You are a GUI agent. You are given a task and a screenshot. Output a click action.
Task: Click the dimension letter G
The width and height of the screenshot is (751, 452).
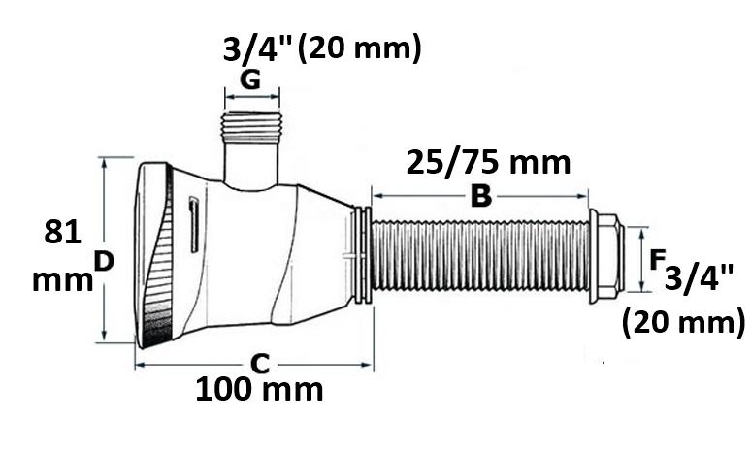tap(250, 80)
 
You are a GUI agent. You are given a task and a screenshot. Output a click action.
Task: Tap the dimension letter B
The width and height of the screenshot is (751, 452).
tap(481, 196)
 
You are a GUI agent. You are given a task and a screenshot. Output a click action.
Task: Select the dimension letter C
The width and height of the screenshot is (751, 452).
tap(261, 364)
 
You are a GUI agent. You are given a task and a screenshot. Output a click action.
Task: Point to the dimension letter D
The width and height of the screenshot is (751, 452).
tap(104, 262)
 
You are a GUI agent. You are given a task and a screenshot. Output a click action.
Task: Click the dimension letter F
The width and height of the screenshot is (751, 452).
tap(657, 261)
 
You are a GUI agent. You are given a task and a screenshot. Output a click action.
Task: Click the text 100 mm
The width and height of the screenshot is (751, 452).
tap(260, 389)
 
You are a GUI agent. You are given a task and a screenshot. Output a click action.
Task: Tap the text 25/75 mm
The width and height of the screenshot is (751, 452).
tap(488, 163)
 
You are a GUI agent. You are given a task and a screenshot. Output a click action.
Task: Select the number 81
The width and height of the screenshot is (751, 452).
tap(63, 232)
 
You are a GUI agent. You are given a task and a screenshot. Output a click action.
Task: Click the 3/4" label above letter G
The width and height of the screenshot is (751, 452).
tap(257, 48)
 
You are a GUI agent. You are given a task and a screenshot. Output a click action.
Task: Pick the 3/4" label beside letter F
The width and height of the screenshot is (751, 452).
tap(699, 277)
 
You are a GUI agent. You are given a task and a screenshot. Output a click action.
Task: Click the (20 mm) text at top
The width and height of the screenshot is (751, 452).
tap(359, 48)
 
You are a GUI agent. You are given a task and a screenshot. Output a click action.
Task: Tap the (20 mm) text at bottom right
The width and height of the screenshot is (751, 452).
tap(683, 322)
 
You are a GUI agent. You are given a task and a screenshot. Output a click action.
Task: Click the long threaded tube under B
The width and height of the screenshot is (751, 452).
tap(480, 256)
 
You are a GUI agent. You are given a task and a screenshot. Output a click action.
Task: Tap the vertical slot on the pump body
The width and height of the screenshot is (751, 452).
tap(193, 224)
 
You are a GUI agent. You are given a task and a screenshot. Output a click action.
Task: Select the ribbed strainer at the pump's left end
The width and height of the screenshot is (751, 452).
tap(154, 256)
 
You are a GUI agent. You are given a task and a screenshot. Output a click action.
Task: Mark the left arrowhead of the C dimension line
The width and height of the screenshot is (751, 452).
tap(140, 365)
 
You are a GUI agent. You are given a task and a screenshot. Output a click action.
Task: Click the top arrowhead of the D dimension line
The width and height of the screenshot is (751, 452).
tap(104, 162)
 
